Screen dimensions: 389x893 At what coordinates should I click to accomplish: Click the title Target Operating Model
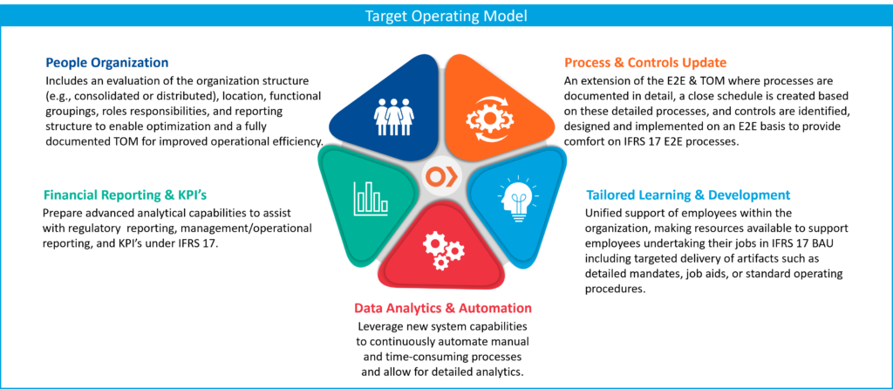tap(446, 16)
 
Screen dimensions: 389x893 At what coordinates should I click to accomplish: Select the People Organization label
tap(107, 64)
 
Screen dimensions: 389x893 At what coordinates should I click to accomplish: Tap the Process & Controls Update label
tap(645, 64)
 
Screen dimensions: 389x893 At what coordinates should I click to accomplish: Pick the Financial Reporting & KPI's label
tap(126, 195)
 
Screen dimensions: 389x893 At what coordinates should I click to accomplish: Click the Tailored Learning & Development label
tap(688, 195)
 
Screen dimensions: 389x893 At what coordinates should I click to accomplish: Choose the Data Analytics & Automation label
tap(442, 308)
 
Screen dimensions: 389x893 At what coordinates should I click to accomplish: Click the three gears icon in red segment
tap(442, 250)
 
